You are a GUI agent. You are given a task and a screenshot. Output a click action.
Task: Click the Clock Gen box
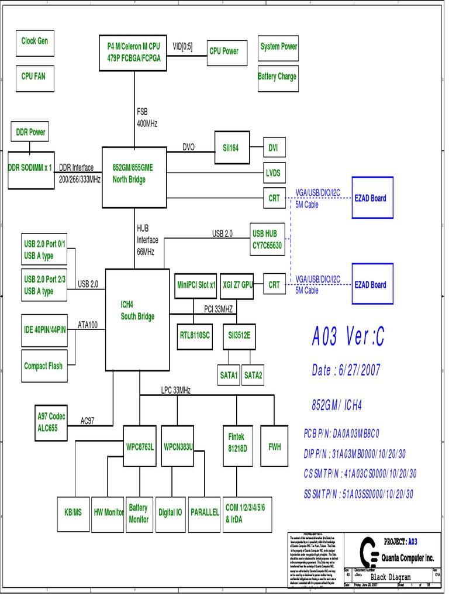click(x=34, y=42)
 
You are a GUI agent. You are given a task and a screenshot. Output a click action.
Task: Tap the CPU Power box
click(x=224, y=51)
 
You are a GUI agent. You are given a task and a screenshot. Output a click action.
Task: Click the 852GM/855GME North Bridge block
click(x=134, y=173)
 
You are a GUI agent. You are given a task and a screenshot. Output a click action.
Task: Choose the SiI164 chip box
click(x=232, y=148)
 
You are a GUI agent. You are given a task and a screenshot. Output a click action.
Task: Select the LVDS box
click(x=273, y=173)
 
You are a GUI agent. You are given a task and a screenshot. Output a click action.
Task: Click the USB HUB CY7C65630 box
click(x=268, y=240)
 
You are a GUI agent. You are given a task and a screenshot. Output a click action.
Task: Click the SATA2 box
click(x=253, y=375)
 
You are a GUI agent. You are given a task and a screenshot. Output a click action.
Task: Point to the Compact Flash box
click(x=43, y=366)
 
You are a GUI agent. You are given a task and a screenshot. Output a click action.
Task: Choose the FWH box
click(x=275, y=447)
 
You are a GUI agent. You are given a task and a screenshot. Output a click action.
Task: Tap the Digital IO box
click(x=170, y=512)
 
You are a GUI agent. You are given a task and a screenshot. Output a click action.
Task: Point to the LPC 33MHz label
click(x=176, y=390)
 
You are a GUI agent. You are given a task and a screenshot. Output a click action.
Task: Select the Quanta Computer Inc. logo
click(x=369, y=551)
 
